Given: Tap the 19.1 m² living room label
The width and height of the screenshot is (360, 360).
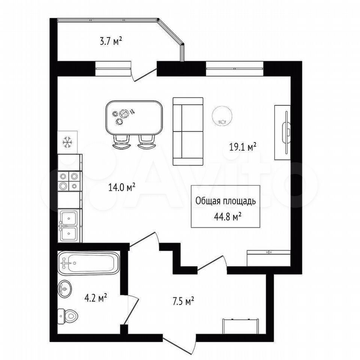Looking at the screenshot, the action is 243,147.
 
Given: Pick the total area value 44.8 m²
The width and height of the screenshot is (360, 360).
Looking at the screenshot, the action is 228,216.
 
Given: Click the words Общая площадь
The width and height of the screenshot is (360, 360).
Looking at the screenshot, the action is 225,201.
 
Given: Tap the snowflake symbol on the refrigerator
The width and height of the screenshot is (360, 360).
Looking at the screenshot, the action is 67,142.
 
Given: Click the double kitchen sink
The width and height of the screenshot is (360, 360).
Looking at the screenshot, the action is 69,225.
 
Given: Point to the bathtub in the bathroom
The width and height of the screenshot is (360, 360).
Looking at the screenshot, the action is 88,263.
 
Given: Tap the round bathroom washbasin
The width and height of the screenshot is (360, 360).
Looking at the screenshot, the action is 65,288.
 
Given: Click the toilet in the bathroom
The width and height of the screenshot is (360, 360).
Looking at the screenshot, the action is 68,316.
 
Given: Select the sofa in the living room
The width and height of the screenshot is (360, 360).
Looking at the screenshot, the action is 188,131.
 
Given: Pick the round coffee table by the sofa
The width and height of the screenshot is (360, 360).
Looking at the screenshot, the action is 222,115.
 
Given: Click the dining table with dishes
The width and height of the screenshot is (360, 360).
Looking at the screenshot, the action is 134,118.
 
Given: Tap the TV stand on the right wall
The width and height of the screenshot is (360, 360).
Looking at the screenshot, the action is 283,132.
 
